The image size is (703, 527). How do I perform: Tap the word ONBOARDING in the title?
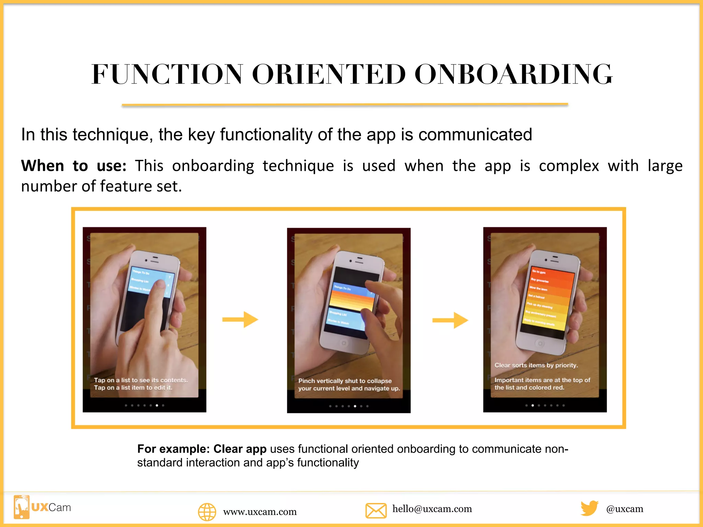coord(514,74)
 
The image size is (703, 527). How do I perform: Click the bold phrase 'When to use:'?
coord(74,166)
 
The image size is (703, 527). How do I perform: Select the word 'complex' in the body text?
coord(569,166)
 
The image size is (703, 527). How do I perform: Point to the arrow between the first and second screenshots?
coord(240,320)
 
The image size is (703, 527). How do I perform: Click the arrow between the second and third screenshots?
coord(450,320)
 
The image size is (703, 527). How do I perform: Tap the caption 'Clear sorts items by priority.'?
coord(536,365)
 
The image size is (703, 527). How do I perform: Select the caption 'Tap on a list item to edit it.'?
coord(133,388)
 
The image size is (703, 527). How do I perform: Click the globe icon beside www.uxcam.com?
coord(207,512)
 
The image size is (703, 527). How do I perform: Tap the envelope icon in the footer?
coord(376,511)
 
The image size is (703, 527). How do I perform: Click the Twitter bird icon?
coord(589,508)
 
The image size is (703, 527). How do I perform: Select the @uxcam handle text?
coord(625,509)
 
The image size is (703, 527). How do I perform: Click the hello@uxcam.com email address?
coord(432,509)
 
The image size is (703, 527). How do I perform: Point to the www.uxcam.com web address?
coord(260,512)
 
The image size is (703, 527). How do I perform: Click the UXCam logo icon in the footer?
coord(22,507)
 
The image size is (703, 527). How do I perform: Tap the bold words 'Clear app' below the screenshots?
coord(240,449)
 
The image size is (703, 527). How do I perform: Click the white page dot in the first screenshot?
coord(157,406)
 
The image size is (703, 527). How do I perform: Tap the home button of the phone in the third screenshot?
coord(540,343)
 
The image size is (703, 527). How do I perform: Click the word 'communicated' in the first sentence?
coord(475,134)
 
